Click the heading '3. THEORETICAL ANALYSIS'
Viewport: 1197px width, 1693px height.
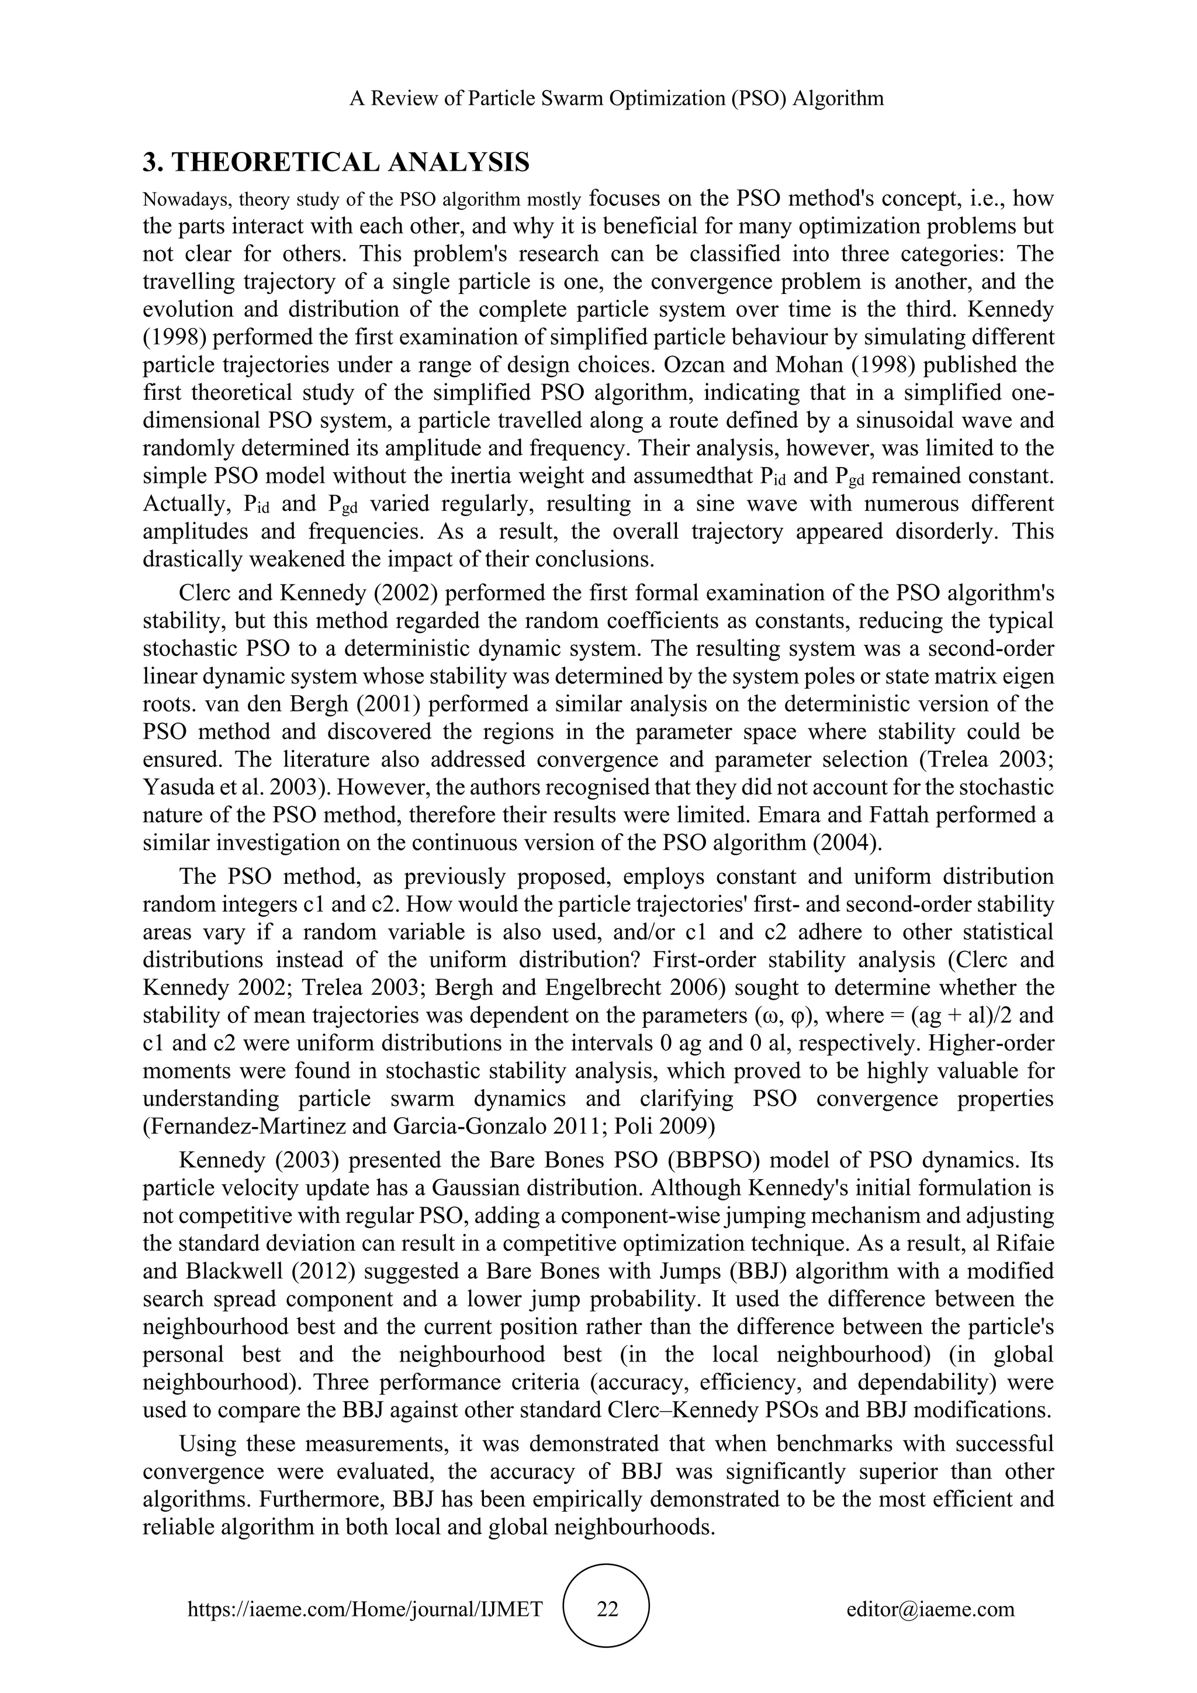[335, 162]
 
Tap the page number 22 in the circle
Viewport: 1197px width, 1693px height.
[607, 1609]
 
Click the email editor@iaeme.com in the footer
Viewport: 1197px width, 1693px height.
[930, 1609]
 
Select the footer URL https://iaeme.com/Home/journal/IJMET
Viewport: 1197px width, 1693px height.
[365, 1609]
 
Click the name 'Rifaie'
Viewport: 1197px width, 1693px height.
[1022, 1243]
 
